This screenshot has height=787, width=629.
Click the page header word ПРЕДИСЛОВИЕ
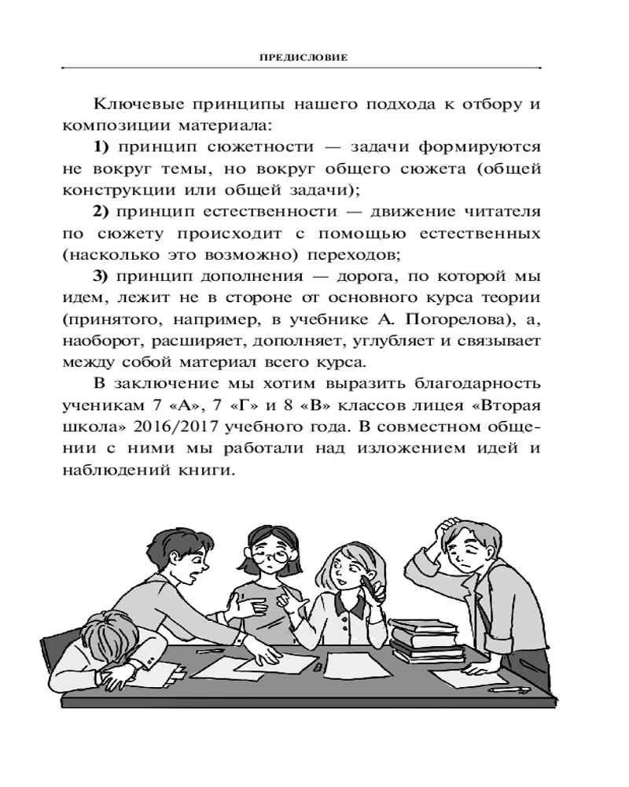click(314, 57)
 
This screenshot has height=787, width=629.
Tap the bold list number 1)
click(105, 146)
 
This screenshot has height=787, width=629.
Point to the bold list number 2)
click(105, 212)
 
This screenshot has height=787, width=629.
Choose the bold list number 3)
click(105, 277)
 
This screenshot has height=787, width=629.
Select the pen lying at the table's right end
click(507, 689)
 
